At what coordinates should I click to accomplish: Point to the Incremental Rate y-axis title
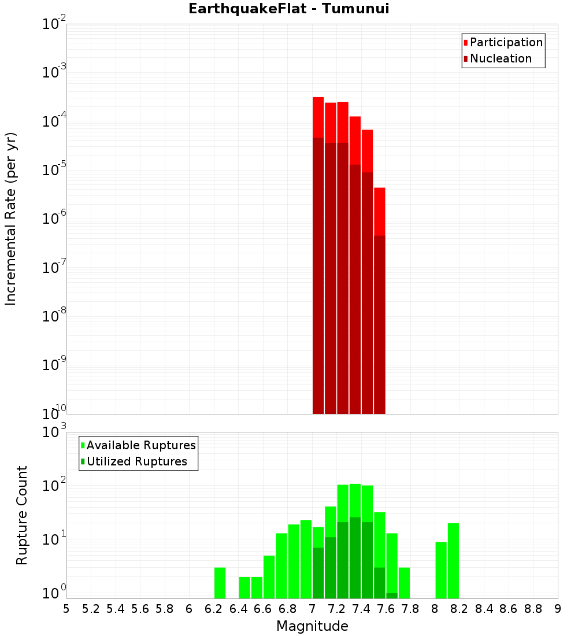tap(11, 219)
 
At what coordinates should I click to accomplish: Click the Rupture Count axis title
tap(22, 515)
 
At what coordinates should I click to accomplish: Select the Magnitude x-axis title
tap(312, 626)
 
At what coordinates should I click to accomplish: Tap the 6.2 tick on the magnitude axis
tap(213, 609)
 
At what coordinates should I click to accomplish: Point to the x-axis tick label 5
tap(66, 609)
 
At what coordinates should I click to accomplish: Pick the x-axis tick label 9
tap(558, 609)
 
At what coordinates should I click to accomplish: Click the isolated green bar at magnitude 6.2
tap(220, 583)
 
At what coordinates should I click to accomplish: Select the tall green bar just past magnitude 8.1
tap(453, 561)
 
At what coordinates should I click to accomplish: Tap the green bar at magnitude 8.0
tap(441, 570)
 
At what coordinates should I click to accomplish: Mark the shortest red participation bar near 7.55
tap(379, 211)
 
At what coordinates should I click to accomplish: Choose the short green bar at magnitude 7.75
tap(404, 583)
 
